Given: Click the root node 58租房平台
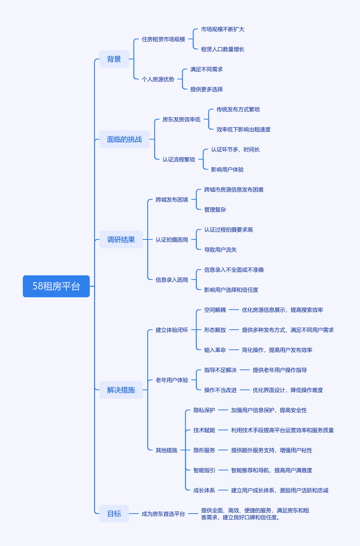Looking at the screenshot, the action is pos(56,286).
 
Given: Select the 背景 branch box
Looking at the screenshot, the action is pos(114,59).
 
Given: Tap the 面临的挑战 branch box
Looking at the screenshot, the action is pos(124,139).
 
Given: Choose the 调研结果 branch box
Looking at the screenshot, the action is pos(121,239).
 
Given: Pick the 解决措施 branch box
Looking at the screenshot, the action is pos(121,390).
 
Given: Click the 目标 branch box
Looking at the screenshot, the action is pos(114,514).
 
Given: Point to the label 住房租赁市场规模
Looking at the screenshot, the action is pos(163,39).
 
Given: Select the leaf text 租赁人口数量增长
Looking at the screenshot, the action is pos(223,49).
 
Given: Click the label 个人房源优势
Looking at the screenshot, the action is pos(158,79).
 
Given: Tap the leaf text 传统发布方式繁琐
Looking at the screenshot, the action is pos(238,110).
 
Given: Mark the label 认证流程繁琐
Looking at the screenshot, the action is pos(179,159).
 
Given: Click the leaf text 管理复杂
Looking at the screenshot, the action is pos(215,210).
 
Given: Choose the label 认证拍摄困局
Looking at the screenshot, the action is pos(172,239).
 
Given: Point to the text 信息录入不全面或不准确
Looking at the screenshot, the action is pos(234,270).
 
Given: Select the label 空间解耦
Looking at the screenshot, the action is pos(215,310).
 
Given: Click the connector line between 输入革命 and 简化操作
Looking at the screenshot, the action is pos(234,350).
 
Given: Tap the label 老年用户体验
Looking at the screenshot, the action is pos(172,380).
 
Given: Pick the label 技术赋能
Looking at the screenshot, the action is pos(204,430).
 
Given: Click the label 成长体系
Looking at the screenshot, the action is pos(204,490).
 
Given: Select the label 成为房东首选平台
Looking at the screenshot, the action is pos(163,514).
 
